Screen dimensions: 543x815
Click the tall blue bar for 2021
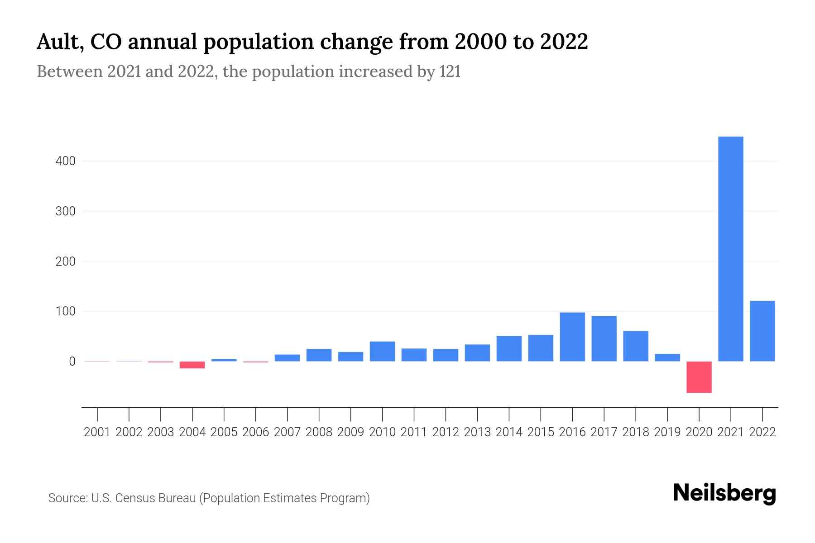coord(730,249)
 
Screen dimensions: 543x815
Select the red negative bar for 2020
coord(699,377)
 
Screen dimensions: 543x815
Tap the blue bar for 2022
coord(762,331)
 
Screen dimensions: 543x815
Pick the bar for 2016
coord(572,337)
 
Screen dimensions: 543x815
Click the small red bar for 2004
coord(192,365)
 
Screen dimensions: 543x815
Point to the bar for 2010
coord(382,351)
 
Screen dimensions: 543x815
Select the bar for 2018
coord(636,346)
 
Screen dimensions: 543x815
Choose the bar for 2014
coord(509,348)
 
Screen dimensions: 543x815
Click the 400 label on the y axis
coord(65,161)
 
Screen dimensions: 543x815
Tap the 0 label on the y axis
coord(72,362)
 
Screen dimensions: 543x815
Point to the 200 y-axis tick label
coord(65,262)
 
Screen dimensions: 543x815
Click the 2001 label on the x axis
coord(97,432)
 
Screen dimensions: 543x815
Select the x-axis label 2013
coord(477,432)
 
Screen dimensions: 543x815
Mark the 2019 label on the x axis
coord(667,432)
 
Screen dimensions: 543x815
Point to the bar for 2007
coord(287,357)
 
